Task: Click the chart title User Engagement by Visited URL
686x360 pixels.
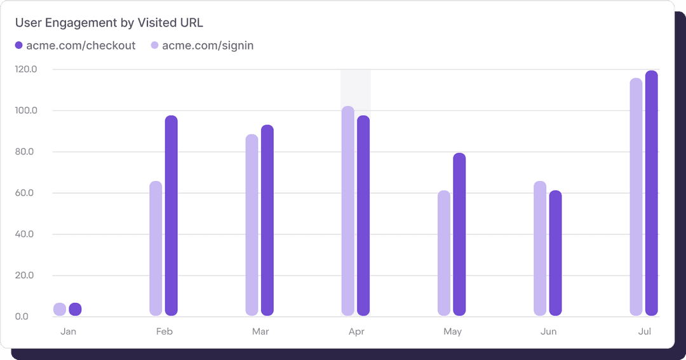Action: point(109,23)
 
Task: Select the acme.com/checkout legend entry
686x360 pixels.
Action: point(75,46)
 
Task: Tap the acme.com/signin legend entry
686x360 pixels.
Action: point(202,46)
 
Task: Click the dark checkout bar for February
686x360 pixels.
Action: point(171,216)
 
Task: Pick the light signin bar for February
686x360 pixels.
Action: point(156,248)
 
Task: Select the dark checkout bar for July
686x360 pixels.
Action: point(651,193)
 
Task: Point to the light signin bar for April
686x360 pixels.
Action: point(347,211)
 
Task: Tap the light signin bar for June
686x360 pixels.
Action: point(540,248)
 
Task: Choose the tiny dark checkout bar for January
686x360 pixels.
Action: point(75,309)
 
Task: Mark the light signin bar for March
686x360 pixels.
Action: point(252,225)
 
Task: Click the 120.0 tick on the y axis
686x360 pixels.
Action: point(26,69)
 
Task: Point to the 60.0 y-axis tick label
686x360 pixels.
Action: point(26,193)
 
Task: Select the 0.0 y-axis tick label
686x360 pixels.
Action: point(22,316)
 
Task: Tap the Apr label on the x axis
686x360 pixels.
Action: point(356,331)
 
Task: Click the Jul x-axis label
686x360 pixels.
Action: point(644,331)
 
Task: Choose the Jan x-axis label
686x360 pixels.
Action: point(68,331)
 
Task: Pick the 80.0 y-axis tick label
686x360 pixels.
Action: point(26,152)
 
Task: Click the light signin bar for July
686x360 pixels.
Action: point(636,197)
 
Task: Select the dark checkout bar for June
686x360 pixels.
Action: point(555,253)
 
